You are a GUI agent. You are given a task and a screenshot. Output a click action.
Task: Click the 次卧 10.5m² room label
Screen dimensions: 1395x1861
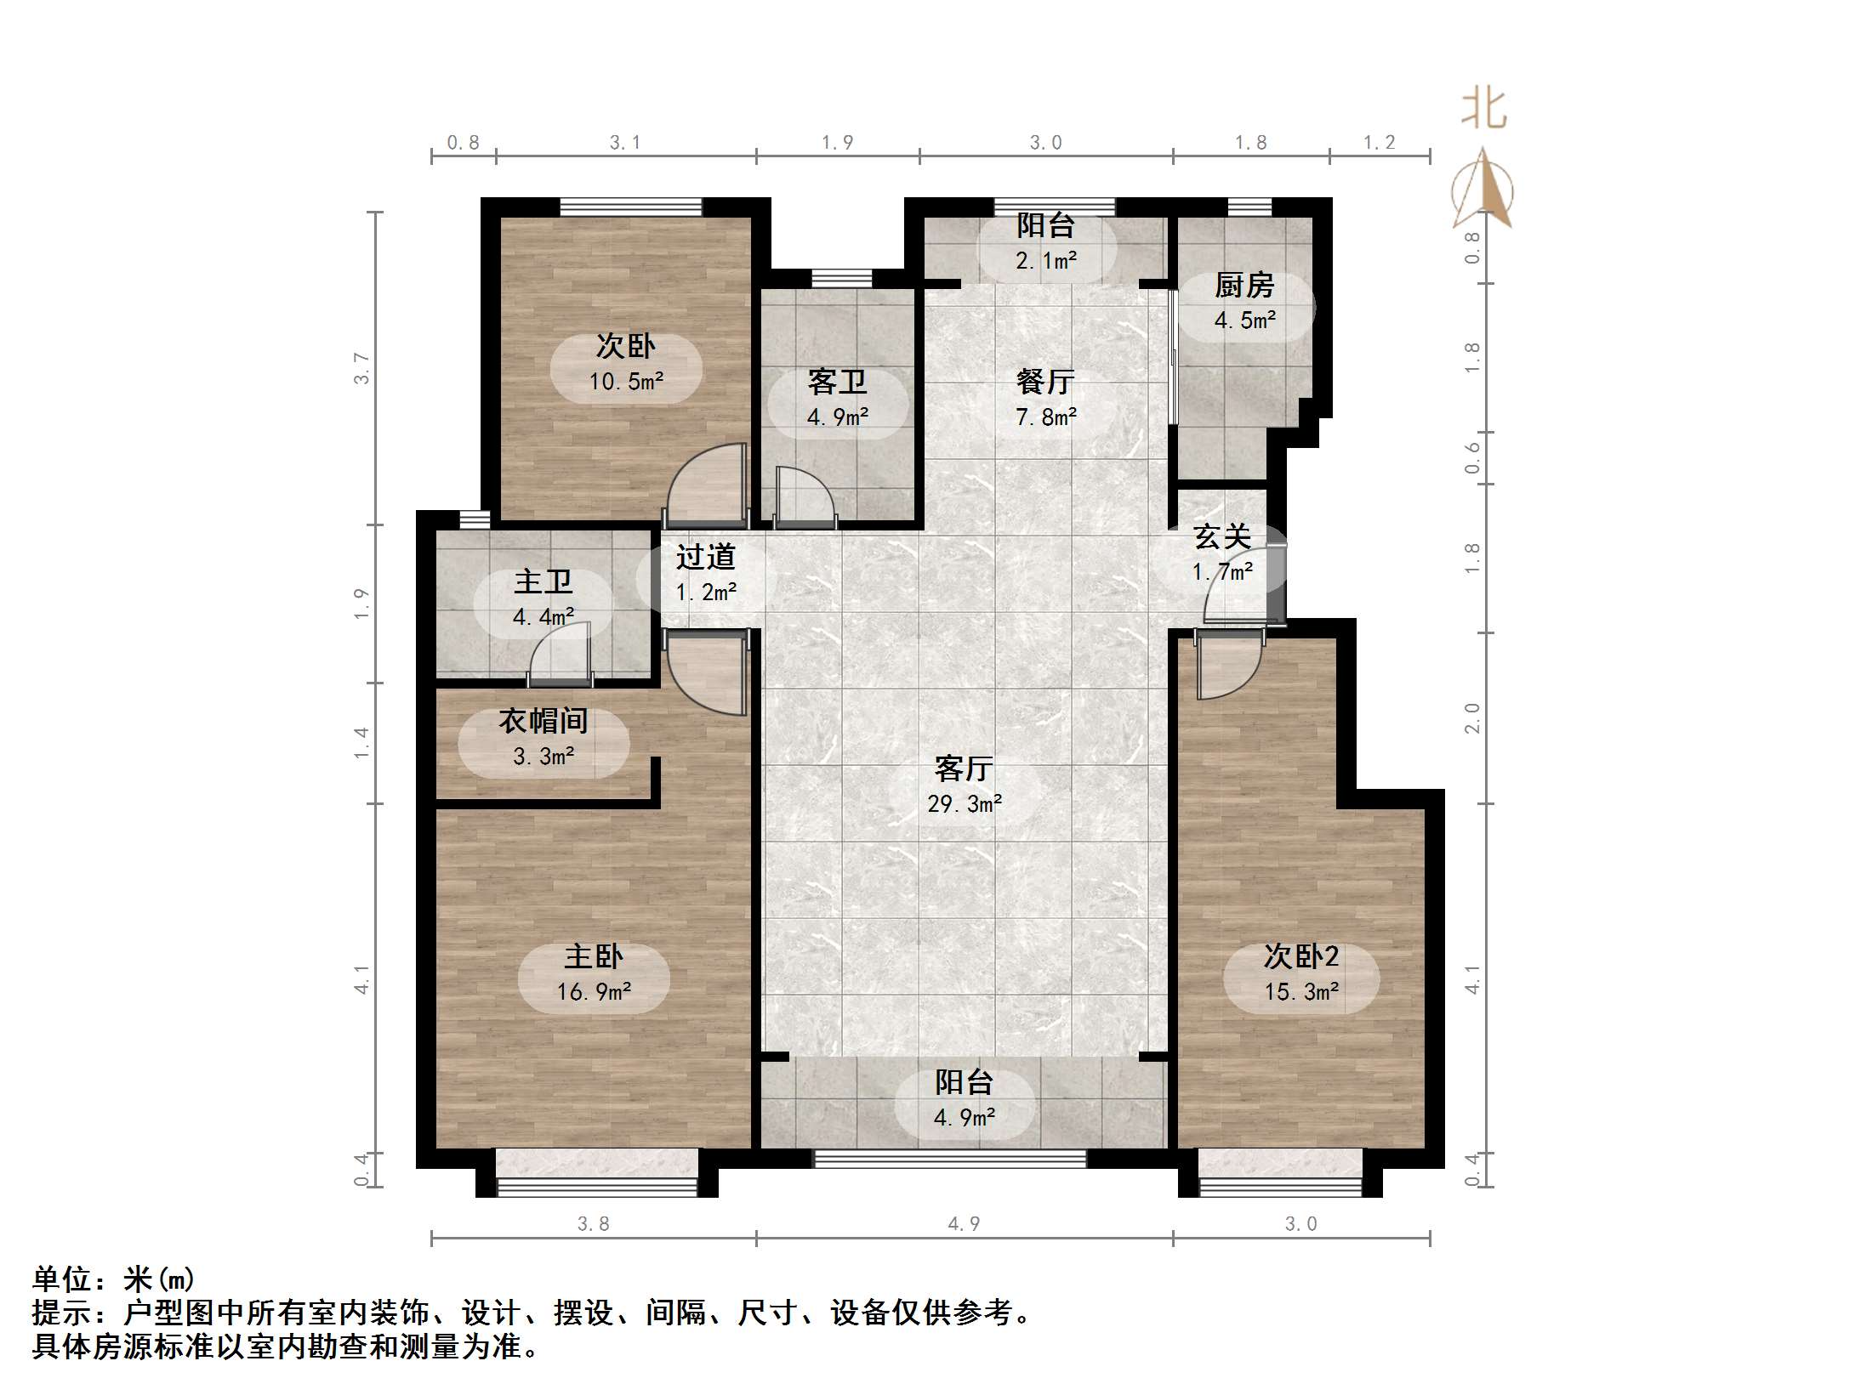626,364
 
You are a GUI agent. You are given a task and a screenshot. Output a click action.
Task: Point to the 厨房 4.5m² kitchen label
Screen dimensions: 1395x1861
1244,303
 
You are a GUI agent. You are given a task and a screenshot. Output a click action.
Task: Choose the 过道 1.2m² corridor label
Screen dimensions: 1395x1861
705,575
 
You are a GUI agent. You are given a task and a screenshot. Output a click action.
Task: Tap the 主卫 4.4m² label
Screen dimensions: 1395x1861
543,599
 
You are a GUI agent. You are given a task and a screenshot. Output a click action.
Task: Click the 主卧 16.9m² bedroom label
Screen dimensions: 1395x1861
594,974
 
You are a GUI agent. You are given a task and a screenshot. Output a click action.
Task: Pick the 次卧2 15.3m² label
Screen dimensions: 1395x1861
1301,974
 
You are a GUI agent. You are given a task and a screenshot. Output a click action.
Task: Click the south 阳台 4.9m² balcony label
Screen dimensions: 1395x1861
964,1099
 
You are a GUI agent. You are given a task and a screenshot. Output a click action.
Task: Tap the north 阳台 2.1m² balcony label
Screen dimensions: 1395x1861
1045,243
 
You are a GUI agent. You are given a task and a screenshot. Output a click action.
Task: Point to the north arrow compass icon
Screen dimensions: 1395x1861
1483,191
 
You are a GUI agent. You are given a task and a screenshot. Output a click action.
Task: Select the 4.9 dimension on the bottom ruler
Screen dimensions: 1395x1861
964,1223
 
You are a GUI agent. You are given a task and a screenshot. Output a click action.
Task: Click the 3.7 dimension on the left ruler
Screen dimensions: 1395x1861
362,368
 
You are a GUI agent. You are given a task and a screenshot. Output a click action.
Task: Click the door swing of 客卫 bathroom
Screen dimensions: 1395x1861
805,497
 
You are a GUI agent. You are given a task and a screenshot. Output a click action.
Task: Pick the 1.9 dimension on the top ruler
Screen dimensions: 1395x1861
837,143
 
